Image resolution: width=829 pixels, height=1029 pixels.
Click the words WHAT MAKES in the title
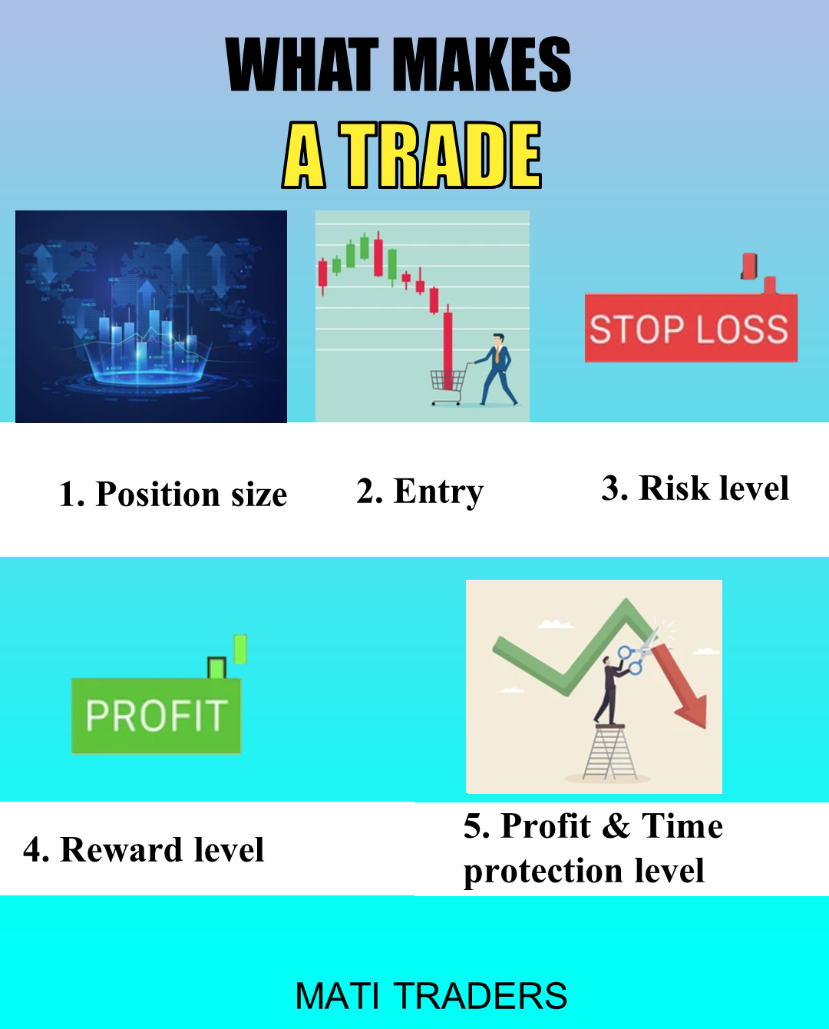[x=398, y=65]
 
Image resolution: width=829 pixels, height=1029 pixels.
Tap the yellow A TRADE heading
[x=412, y=155]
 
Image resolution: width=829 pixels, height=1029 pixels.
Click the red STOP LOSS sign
[x=689, y=329]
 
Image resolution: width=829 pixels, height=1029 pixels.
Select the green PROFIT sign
[x=156, y=716]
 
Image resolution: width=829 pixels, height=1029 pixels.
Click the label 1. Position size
[x=173, y=494]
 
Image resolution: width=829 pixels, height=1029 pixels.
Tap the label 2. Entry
[x=420, y=491]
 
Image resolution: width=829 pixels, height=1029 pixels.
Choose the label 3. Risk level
[x=695, y=488]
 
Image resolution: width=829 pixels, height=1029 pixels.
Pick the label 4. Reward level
[x=144, y=850]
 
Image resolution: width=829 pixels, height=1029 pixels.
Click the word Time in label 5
[x=682, y=826]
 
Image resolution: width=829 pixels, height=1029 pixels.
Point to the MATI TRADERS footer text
[x=431, y=996]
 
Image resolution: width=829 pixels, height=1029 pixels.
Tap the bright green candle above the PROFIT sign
[x=240, y=649]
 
